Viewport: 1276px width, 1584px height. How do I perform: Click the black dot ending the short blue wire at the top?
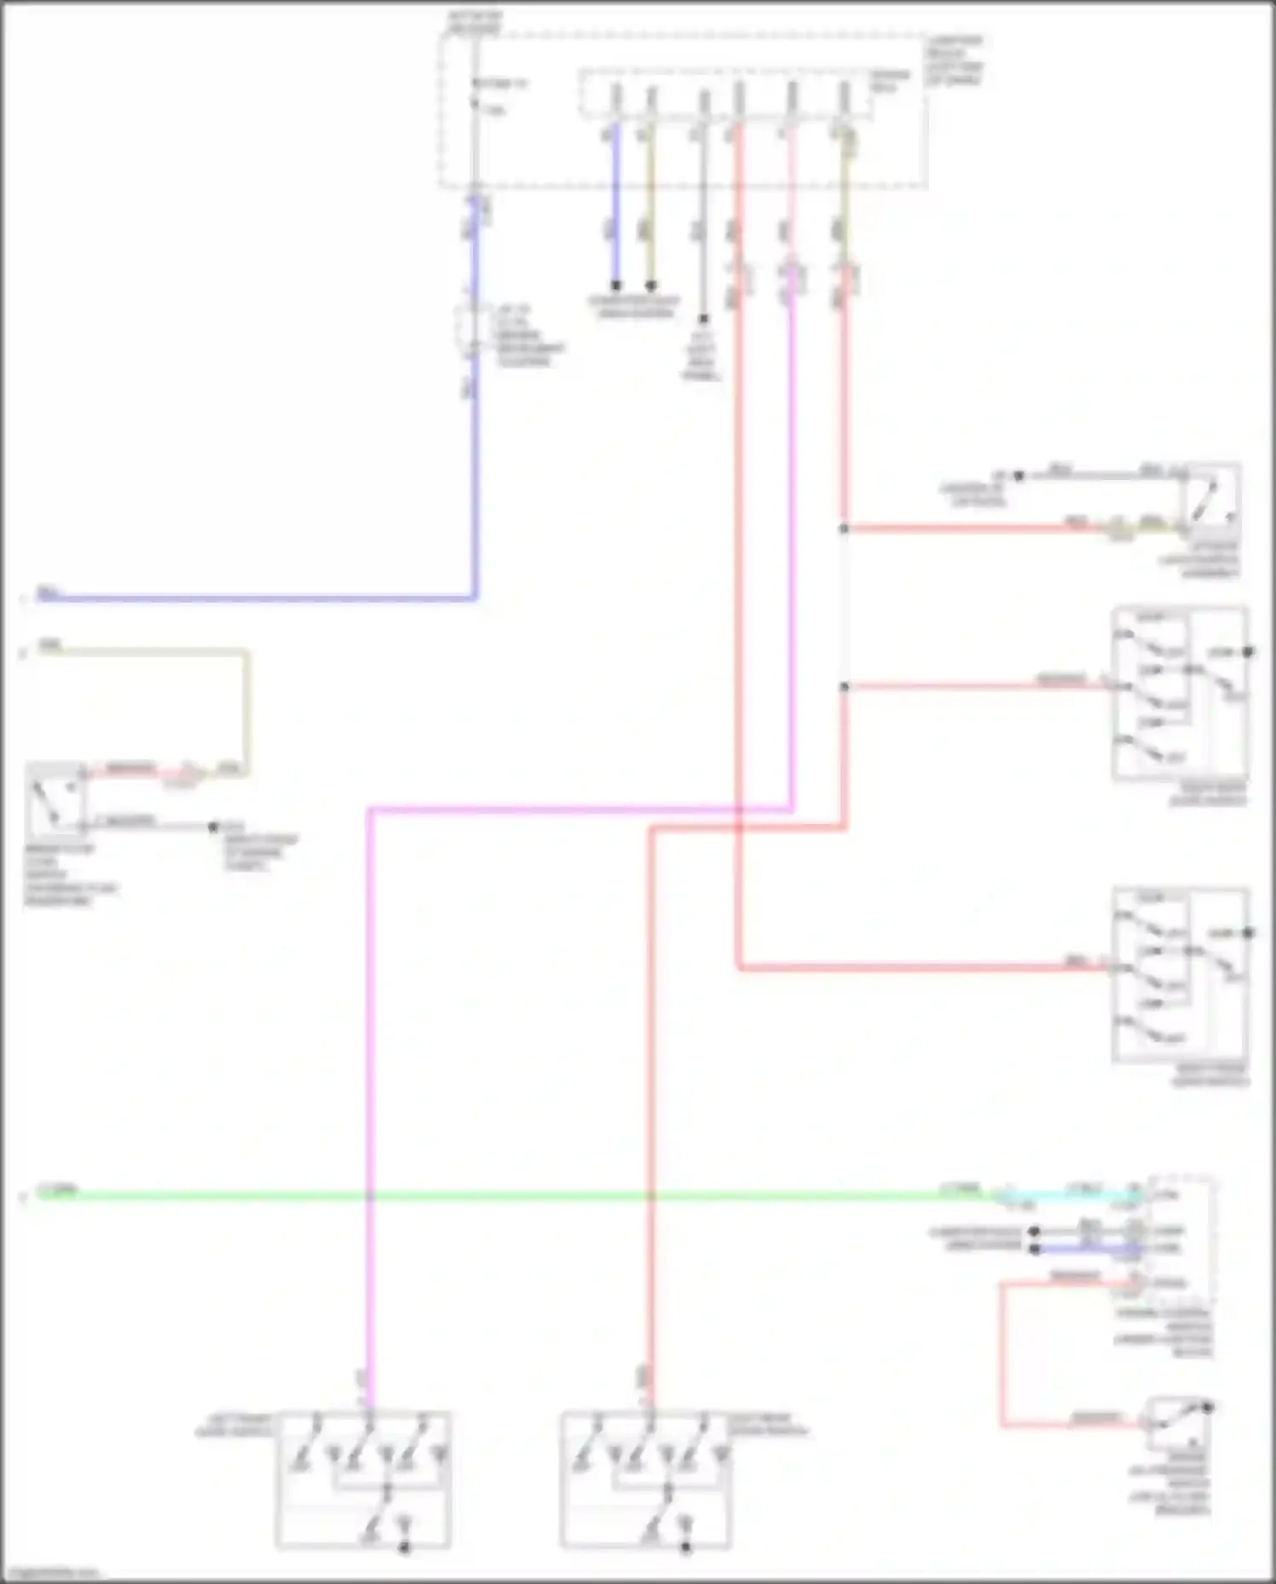[x=616, y=285]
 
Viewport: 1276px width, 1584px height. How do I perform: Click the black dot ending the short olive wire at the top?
[x=651, y=285]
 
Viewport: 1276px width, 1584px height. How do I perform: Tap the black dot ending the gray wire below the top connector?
[x=704, y=319]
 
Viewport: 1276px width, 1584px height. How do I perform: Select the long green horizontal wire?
[x=510, y=1196]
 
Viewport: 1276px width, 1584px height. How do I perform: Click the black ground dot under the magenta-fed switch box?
[x=405, y=1548]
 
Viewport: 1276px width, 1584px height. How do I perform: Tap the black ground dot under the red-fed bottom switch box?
[x=686, y=1548]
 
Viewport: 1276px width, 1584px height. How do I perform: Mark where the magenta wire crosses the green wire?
[x=370, y=1196]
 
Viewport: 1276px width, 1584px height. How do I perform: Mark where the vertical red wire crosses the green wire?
[x=651, y=1196]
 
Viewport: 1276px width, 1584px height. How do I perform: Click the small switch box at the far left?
[x=56, y=800]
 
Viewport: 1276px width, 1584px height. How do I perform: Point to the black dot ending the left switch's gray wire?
[x=214, y=826]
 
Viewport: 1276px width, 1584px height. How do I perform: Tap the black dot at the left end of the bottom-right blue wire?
[x=1034, y=1249]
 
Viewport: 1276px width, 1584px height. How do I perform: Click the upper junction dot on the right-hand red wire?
[x=844, y=529]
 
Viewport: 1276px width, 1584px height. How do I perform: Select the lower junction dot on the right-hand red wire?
[x=844, y=686]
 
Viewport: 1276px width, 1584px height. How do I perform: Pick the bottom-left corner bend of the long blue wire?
[x=475, y=598]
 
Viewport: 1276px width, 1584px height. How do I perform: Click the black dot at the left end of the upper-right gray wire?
[x=1019, y=476]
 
